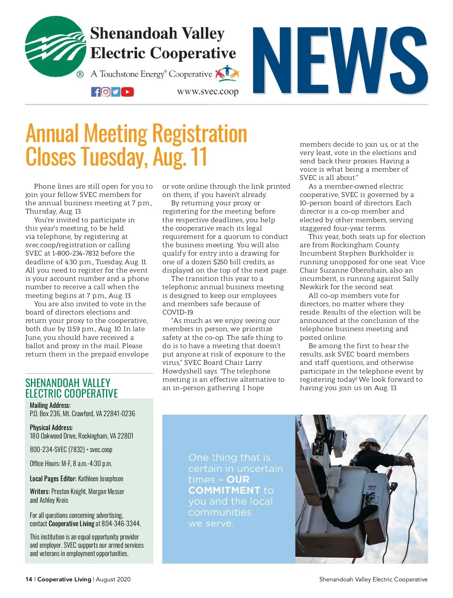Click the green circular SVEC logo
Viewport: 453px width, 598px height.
tap(56, 46)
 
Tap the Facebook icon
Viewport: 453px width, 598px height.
tap(96, 92)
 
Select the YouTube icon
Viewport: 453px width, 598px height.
tap(128, 92)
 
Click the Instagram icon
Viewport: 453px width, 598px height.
tap(106, 92)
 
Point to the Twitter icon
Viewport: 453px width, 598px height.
tap(116, 92)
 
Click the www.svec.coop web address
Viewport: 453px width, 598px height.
tap(208, 91)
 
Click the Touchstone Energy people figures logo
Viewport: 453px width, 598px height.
tap(227, 73)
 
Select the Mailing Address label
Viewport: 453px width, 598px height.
tap(50, 405)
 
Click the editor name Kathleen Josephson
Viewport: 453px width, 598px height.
tap(100, 479)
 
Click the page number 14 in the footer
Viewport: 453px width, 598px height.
tap(29, 579)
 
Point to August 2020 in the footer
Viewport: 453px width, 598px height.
tap(113, 579)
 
